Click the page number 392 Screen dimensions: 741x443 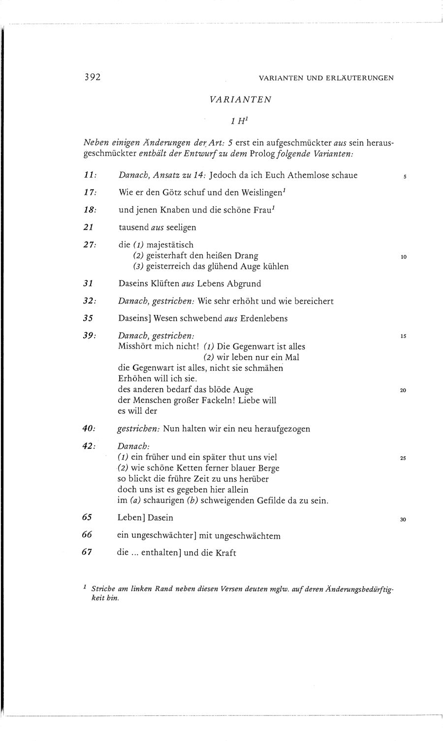(92, 77)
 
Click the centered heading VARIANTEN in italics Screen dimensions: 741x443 (240, 99)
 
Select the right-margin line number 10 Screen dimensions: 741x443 (403, 257)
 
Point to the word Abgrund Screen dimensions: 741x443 (244, 284)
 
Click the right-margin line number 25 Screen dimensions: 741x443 (403, 459)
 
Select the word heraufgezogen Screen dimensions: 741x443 (282, 429)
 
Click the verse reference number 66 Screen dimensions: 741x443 (87, 535)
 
